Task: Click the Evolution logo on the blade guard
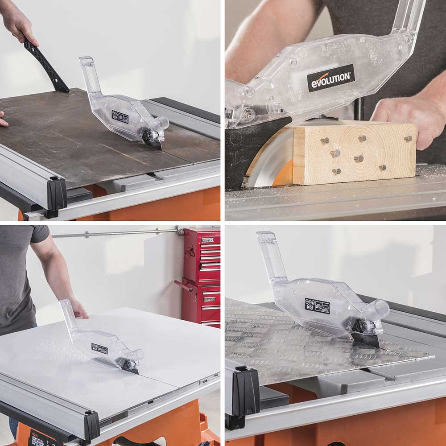pyautogui.click(x=330, y=79)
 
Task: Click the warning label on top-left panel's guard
pyautogui.click(x=120, y=117)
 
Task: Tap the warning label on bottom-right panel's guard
pyautogui.click(x=317, y=306)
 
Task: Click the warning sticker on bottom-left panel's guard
pyautogui.click(x=99, y=349)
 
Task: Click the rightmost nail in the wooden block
pyautogui.click(x=408, y=139)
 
